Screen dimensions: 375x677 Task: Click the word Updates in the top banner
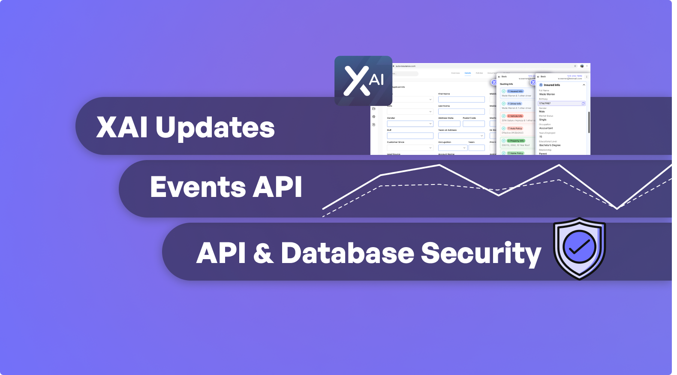(215, 127)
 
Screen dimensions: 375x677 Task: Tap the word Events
(198, 187)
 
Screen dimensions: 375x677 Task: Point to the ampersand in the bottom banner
(263, 253)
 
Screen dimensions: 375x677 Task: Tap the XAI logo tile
(363, 81)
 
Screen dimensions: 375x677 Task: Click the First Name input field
(461, 100)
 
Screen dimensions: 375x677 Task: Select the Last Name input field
(461, 112)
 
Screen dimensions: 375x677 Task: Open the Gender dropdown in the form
(410, 124)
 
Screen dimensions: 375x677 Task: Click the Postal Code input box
(473, 124)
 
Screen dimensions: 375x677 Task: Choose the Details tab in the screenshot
(468, 73)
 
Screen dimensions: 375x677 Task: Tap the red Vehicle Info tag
(515, 116)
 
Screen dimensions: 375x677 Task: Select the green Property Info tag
(516, 141)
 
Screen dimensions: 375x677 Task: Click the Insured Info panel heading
(552, 85)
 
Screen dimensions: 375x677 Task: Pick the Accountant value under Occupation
(546, 128)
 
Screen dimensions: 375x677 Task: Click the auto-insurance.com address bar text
(406, 66)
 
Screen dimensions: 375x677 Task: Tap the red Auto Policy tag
(515, 128)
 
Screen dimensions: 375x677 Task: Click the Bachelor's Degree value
(550, 145)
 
